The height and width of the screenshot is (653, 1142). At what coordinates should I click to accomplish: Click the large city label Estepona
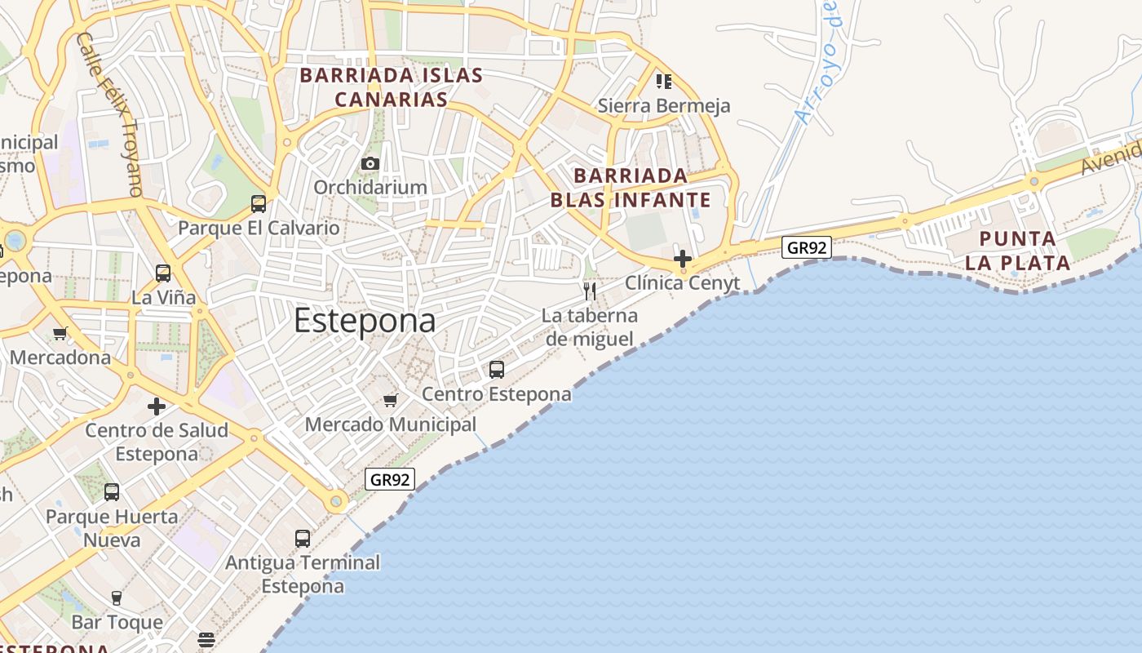pos(365,321)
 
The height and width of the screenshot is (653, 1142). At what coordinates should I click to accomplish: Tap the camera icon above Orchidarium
pos(370,164)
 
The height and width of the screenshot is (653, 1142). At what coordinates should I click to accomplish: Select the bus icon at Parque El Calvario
pos(259,204)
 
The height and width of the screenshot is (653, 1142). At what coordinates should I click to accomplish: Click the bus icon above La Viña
pos(163,273)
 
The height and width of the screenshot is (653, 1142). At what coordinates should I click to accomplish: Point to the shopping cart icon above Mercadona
pos(60,333)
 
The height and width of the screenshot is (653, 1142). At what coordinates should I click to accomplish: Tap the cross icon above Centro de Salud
pos(157,406)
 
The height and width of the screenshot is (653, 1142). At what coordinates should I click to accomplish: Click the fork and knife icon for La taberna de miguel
pos(590,291)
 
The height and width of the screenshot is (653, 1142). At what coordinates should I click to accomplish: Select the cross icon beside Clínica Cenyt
pos(683,259)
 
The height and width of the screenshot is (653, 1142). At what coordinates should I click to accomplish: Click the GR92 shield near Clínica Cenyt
pos(806,247)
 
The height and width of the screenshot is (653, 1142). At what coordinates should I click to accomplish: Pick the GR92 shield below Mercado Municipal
pos(390,479)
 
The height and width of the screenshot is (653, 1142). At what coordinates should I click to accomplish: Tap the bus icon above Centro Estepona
pos(497,370)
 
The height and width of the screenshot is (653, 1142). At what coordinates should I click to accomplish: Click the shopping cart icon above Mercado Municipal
pos(391,400)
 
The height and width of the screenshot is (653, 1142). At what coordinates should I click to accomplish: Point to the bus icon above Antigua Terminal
pos(303,539)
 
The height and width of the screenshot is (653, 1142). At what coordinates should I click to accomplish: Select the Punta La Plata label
pos(1017,251)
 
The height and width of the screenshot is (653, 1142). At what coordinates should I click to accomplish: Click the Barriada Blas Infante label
pos(631,188)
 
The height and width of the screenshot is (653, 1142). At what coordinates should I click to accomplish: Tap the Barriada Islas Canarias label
pos(392,87)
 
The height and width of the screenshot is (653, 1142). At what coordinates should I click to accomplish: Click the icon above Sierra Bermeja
pos(664,82)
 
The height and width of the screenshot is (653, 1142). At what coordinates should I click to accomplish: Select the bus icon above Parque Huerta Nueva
pos(112,492)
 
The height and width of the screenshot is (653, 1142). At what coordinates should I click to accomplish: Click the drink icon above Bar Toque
pos(117,598)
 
